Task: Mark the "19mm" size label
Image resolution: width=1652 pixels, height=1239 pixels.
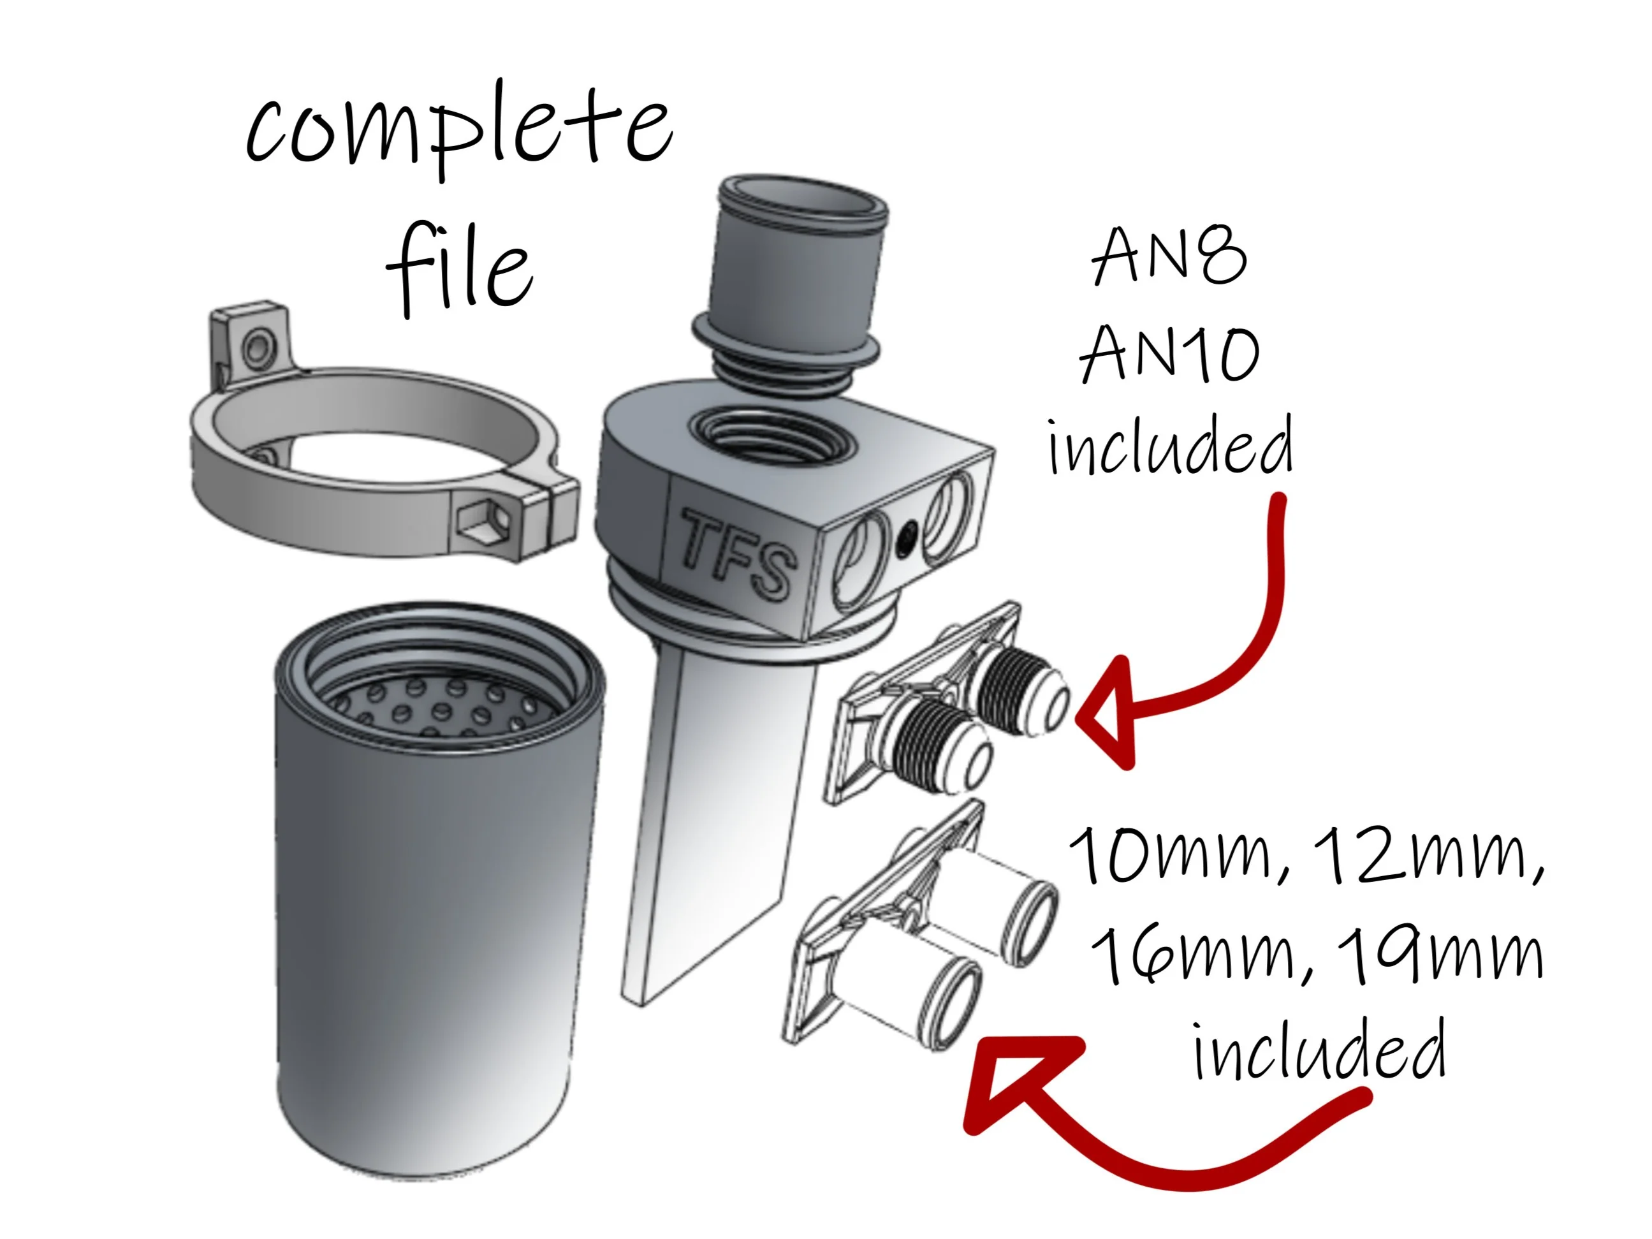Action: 1438,956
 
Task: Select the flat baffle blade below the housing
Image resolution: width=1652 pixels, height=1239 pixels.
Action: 717,829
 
